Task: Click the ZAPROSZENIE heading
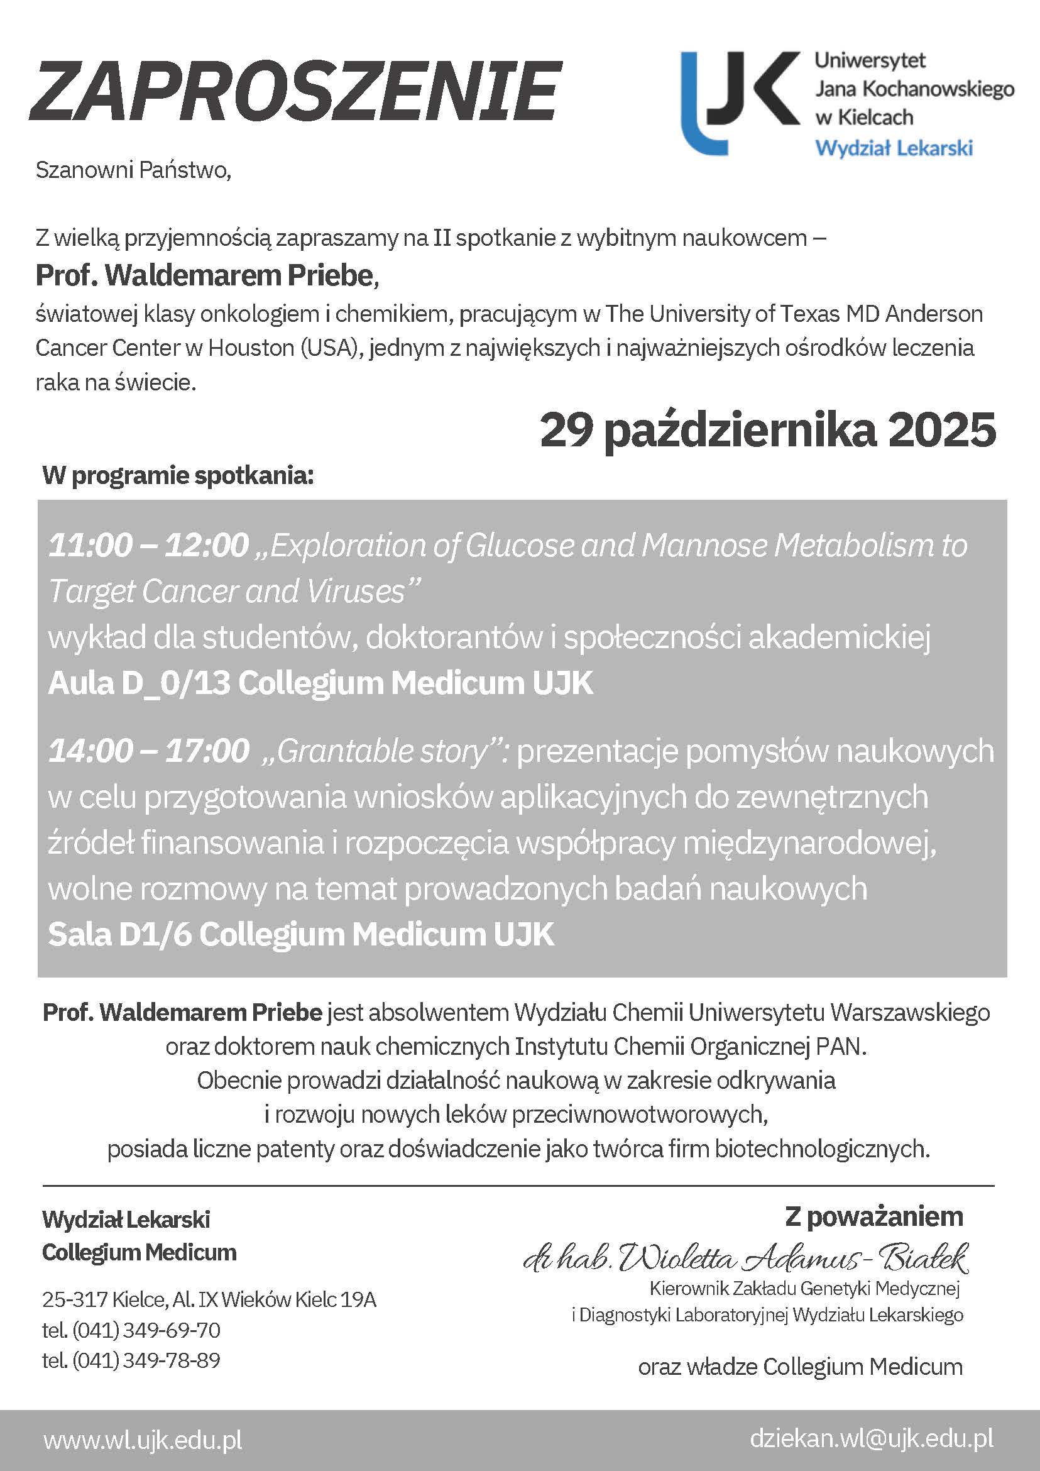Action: (295, 91)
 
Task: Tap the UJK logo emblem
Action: (740, 102)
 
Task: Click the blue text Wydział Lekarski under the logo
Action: (894, 148)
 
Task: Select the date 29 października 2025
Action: (768, 431)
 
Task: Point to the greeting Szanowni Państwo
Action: (133, 170)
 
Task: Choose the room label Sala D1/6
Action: (120, 935)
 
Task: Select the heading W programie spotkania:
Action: (178, 476)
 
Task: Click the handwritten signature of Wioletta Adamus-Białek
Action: (746, 1259)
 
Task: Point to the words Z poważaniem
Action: (873, 1216)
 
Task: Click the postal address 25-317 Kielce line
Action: (209, 1299)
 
